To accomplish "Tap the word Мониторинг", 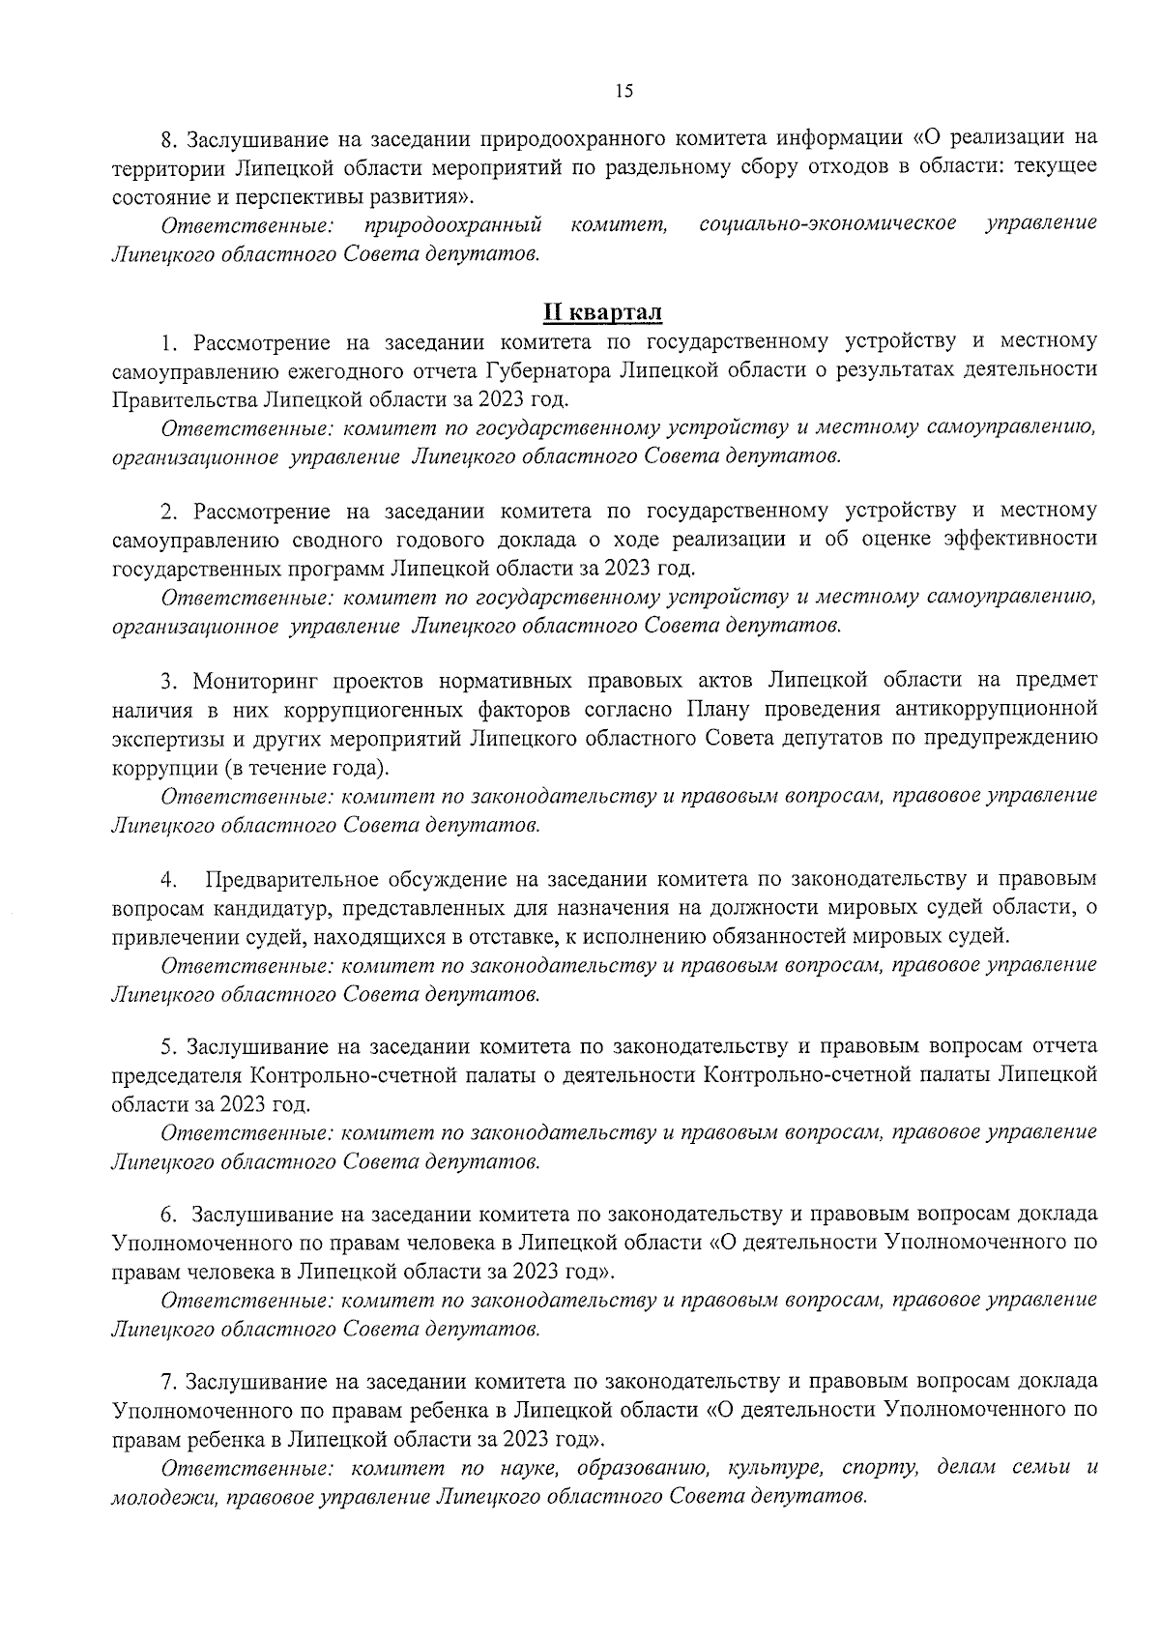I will [252, 681].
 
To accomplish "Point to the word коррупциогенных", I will [372, 711].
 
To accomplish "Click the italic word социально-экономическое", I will [827, 223].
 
